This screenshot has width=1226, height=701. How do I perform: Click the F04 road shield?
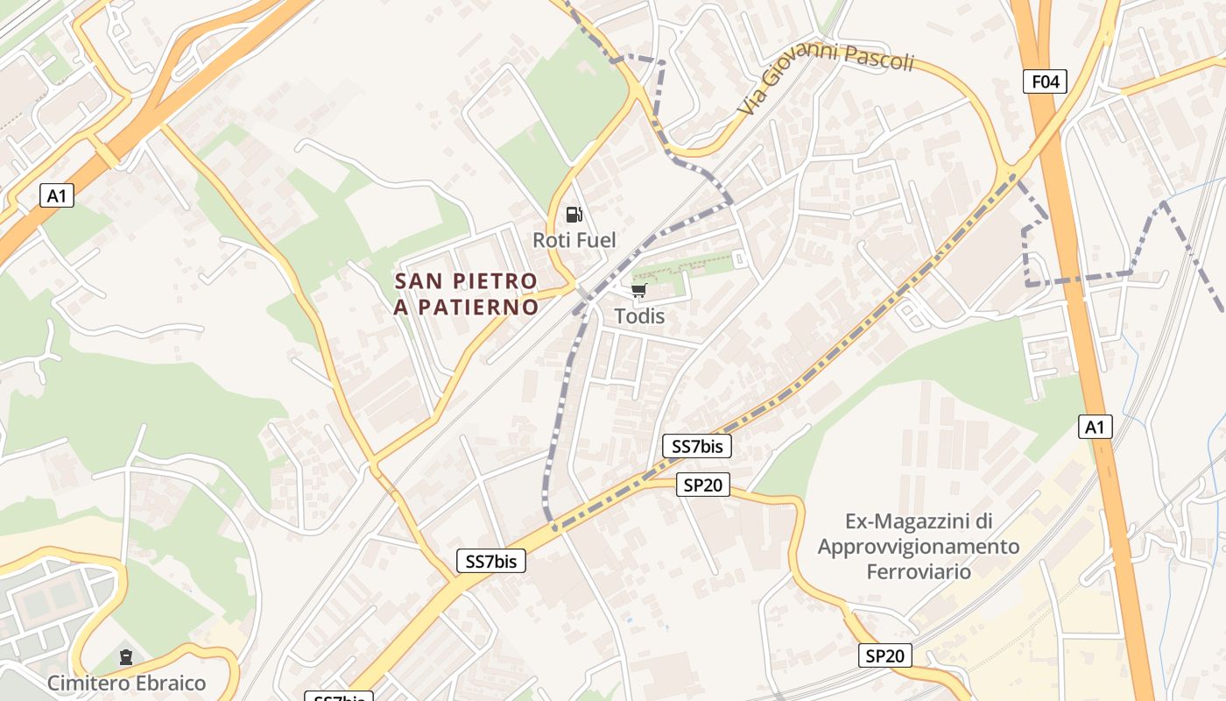pos(1045,81)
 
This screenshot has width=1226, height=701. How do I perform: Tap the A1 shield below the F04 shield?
pos(1095,428)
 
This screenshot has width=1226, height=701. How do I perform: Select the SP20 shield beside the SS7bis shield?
pos(703,485)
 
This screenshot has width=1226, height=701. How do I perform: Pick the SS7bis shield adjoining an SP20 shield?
pos(697,446)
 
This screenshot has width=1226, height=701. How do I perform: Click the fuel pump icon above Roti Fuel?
pos(574,214)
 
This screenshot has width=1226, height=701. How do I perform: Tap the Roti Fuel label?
pos(574,240)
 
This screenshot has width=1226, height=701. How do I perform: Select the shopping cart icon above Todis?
pos(639,291)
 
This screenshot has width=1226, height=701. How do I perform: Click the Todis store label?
pos(639,316)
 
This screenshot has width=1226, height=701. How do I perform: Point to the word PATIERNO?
pos(478,308)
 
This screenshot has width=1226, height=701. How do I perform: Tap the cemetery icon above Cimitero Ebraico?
pos(126,657)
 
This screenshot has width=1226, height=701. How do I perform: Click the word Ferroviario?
pos(919,571)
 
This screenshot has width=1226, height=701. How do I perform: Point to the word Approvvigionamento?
pos(919,547)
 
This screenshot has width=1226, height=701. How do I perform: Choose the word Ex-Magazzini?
pos(919,521)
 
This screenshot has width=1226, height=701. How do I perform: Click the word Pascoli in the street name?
pos(877,60)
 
